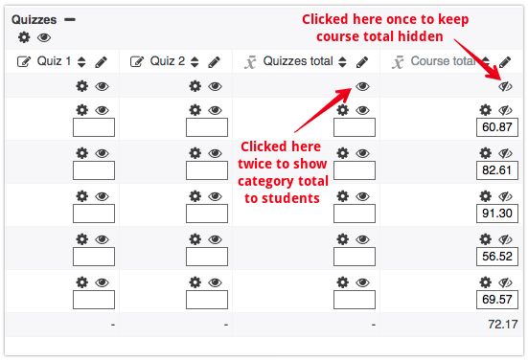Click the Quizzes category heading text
(34, 20)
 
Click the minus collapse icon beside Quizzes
(70, 19)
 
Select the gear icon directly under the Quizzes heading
(24, 37)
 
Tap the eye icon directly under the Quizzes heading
(44, 37)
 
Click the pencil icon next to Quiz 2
(214, 62)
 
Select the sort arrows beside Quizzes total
(342, 62)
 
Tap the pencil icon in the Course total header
(505, 62)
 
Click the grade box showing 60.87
(497, 127)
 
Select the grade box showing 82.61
(497, 170)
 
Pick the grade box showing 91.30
(497, 214)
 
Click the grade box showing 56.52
(497, 257)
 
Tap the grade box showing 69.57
(497, 300)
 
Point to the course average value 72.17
(503, 325)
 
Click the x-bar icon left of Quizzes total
(250, 62)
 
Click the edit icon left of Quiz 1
(24, 62)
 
